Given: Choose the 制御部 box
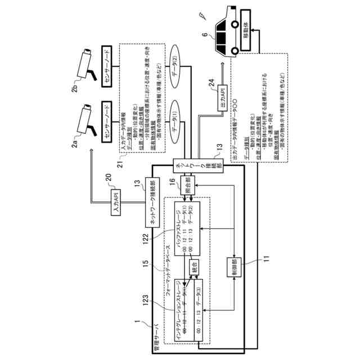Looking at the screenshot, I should point(232,268).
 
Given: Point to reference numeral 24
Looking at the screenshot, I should point(210,85).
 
